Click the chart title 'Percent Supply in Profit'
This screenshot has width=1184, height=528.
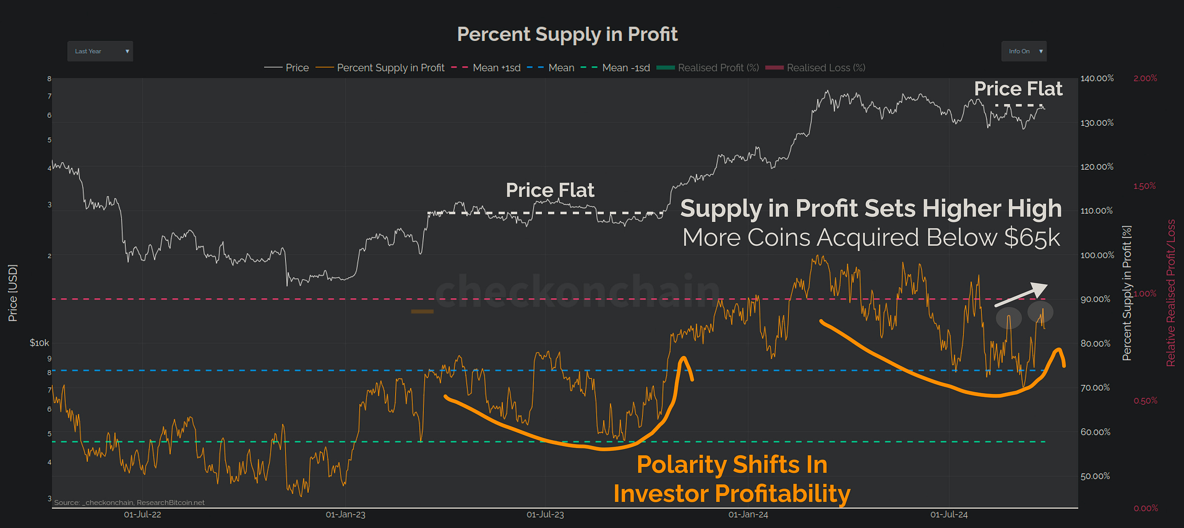point(567,35)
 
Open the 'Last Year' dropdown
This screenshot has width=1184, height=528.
point(100,51)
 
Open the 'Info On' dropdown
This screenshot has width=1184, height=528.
point(1024,51)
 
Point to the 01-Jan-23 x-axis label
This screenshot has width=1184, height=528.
point(345,515)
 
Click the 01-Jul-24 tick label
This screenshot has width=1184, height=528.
point(949,515)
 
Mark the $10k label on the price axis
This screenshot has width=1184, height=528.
point(39,343)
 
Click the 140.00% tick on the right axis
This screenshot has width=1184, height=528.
point(1097,78)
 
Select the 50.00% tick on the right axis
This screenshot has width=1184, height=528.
point(1095,476)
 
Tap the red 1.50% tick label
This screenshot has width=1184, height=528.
point(1145,186)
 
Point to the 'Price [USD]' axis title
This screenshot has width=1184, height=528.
point(13,293)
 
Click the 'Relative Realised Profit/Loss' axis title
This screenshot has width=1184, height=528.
point(1171,293)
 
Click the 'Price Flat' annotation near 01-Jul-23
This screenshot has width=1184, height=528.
point(550,190)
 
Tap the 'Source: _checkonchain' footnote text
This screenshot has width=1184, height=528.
point(129,502)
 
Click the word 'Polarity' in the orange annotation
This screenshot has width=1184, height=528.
point(681,465)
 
